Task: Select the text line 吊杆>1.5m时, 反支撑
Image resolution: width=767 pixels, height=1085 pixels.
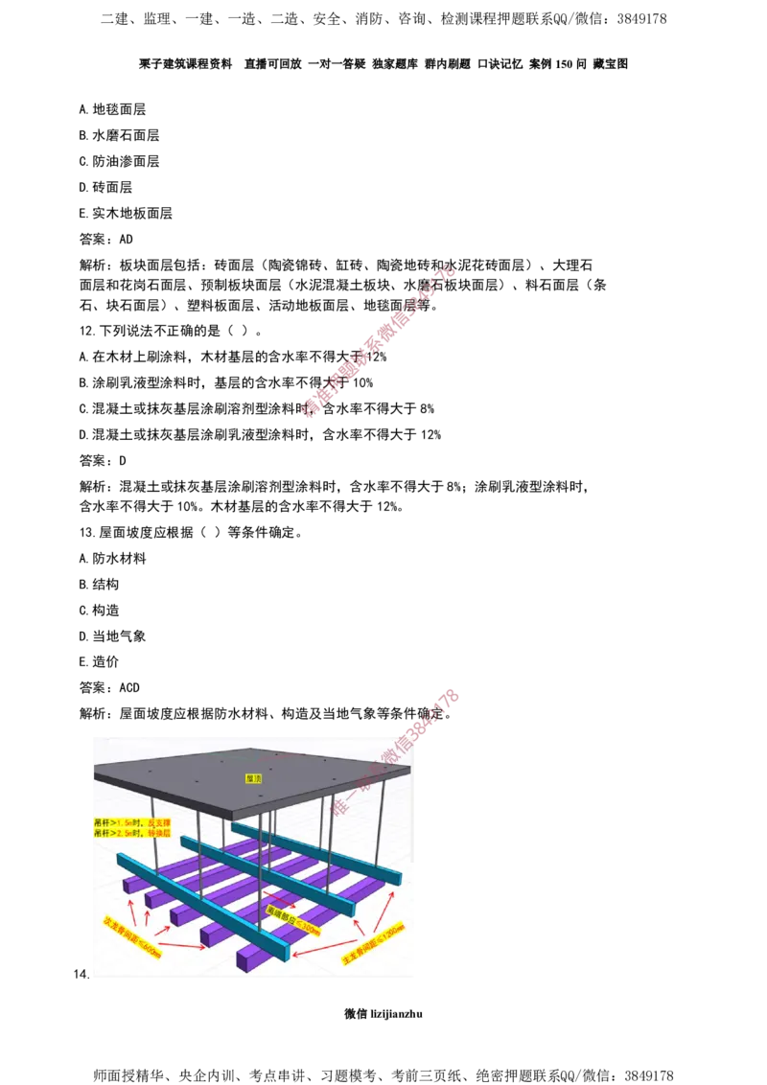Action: point(132,822)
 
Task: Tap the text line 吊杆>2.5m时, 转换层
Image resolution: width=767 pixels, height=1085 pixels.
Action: point(132,834)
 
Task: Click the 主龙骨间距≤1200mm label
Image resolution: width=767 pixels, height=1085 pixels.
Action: point(374,943)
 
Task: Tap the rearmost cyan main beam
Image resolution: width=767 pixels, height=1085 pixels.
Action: point(316,851)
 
